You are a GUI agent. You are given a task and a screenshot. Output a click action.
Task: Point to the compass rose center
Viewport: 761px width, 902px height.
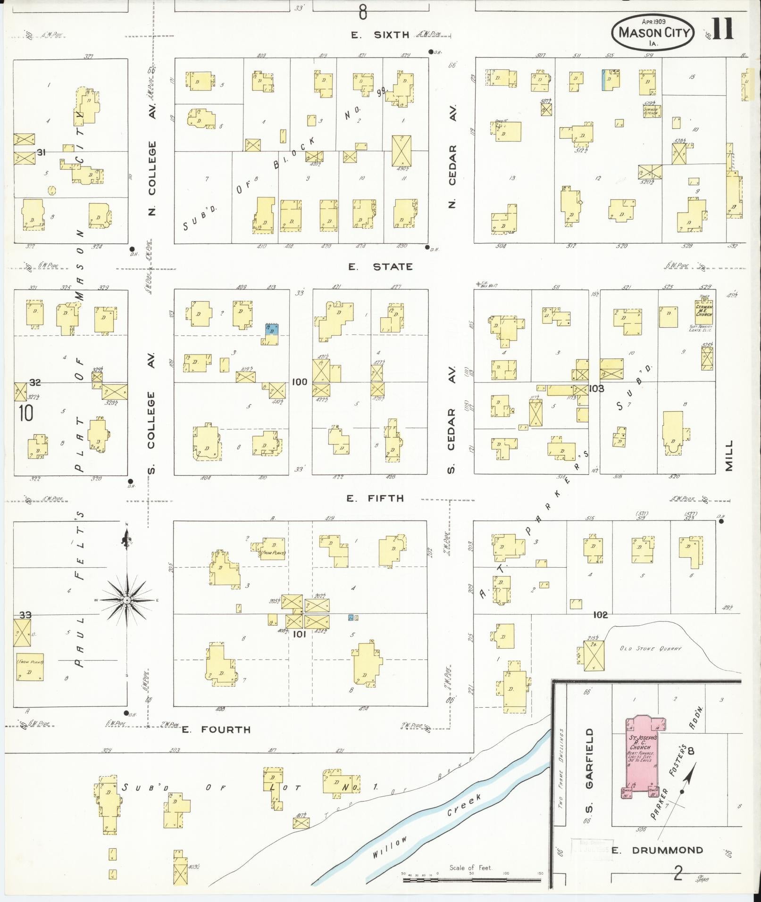126,600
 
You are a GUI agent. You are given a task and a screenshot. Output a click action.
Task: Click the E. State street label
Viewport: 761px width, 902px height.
380,267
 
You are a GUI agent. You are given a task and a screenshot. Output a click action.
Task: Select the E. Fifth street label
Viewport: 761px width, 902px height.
375,498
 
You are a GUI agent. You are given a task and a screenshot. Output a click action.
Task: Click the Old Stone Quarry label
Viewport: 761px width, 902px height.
651,649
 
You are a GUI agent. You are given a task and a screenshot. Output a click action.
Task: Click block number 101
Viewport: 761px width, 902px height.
300,634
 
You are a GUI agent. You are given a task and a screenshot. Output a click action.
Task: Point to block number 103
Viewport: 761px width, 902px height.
596,389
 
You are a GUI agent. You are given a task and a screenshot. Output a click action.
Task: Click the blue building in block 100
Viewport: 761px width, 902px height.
271,329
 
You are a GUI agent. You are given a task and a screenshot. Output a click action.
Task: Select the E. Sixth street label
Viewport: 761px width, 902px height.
380,34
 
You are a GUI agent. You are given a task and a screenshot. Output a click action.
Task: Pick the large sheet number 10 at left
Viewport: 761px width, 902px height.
26,413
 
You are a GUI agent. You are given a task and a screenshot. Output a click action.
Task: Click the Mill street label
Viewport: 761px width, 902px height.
729,455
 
